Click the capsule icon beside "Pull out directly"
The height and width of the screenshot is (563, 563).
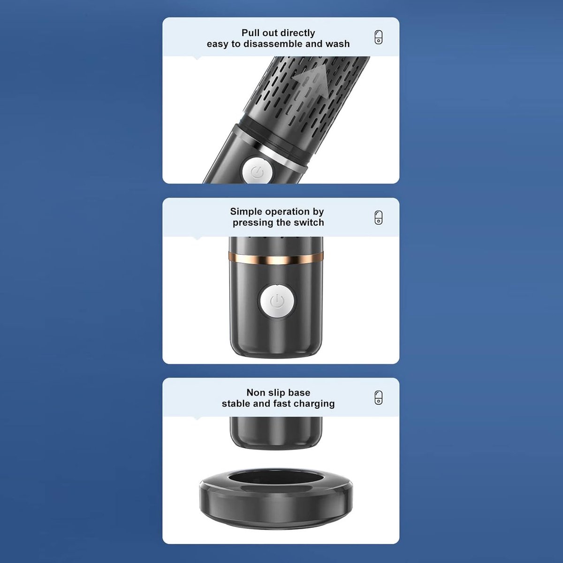coord(378,38)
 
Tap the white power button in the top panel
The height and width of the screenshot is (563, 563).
coord(257,172)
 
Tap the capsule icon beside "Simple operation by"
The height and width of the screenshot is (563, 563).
coord(378,218)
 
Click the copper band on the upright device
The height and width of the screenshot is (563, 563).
coord(276,258)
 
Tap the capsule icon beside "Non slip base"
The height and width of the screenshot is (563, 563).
coord(378,398)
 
